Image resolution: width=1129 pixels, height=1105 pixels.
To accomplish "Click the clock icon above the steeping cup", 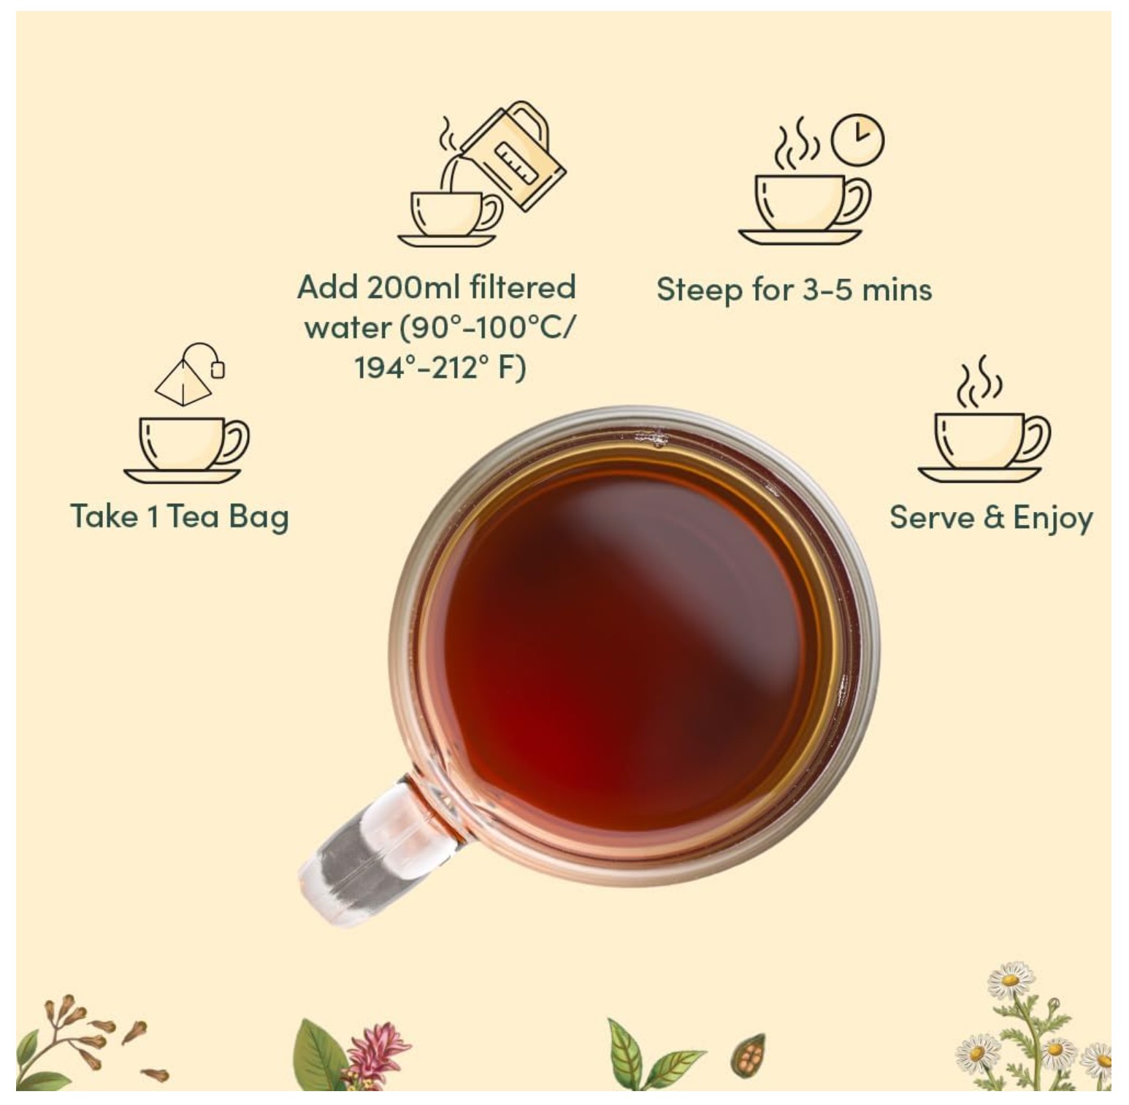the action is click(x=857, y=139).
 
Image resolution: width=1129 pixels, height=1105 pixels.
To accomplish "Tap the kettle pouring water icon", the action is click(x=514, y=155).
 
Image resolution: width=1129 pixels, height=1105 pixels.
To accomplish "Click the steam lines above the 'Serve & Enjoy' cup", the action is click(x=979, y=381).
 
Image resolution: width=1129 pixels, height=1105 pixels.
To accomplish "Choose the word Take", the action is click(x=104, y=516).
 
